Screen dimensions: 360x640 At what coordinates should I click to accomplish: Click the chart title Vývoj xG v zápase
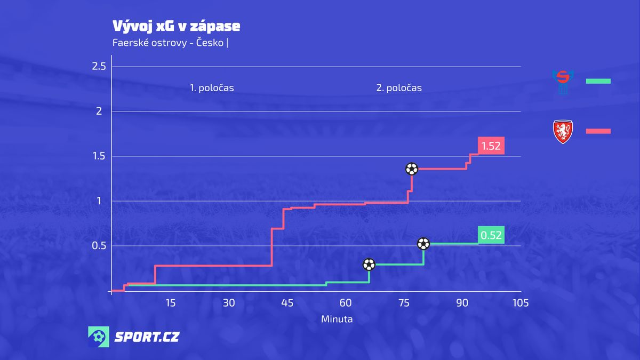pos(176,26)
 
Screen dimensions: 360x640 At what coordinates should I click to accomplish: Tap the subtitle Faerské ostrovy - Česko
pos(168,43)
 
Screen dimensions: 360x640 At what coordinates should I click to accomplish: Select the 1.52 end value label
pos(491,146)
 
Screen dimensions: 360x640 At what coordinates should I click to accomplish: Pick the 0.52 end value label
pos(491,235)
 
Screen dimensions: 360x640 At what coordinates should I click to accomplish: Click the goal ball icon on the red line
pos(412,169)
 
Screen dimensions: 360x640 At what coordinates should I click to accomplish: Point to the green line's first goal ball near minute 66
pos(369,264)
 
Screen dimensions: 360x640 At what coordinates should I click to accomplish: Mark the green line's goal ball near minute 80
pos(423,244)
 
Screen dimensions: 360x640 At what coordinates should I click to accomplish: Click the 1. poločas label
pos(212,88)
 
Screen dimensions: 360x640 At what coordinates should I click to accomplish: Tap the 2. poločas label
pos(399,88)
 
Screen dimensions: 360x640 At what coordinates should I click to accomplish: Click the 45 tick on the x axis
pos(287,303)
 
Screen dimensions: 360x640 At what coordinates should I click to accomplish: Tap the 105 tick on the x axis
pos(520,303)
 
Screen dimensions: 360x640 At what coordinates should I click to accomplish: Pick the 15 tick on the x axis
pos(170,303)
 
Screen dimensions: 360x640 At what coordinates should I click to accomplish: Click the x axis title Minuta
pos(337,319)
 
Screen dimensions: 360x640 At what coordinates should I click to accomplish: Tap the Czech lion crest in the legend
pos(563,132)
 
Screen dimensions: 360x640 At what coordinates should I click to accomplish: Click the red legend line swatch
pos(598,131)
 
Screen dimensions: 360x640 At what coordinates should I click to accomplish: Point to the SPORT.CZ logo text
pos(147,337)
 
